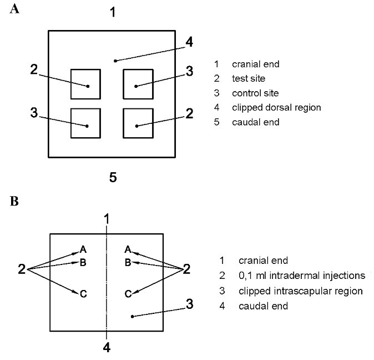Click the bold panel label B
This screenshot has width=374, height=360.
[x=14, y=201]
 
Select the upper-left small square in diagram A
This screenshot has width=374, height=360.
[x=85, y=83]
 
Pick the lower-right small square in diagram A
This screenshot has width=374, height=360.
[x=137, y=123]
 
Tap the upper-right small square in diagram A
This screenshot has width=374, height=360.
[x=137, y=83]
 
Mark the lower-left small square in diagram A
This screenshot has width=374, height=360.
[x=85, y=123]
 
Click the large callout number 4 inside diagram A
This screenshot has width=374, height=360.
[x=189, y=42]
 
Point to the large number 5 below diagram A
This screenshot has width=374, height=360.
[x=113, y=178]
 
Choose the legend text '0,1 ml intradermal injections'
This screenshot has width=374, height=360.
[x=301, y=275]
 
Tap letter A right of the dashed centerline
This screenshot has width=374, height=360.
[x=128, y=249]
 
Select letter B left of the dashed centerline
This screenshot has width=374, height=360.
[x=82, y=262]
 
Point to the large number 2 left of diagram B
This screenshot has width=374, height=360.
[x=22, y=269]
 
